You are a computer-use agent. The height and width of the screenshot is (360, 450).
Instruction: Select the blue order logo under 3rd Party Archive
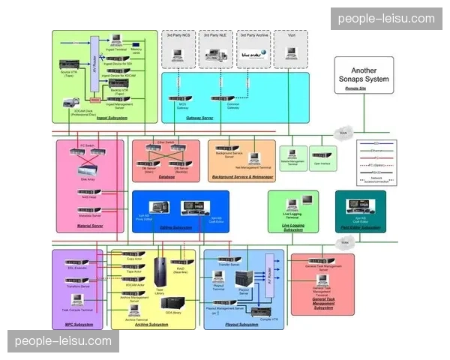click(x=252, y=54)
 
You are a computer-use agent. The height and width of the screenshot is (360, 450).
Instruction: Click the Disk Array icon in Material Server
click(x=88, y=169)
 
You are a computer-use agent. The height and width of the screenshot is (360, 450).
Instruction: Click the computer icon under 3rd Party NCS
click(x=179, y=54)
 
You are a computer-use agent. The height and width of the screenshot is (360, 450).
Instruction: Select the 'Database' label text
click(x=166, y=178)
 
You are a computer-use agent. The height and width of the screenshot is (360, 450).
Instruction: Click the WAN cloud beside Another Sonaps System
click(x=344, y=134)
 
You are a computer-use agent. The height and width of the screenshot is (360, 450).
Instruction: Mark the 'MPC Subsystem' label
click(x=79, y=324)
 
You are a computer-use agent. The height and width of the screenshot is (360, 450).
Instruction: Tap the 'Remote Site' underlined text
click(x=355, y=88)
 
